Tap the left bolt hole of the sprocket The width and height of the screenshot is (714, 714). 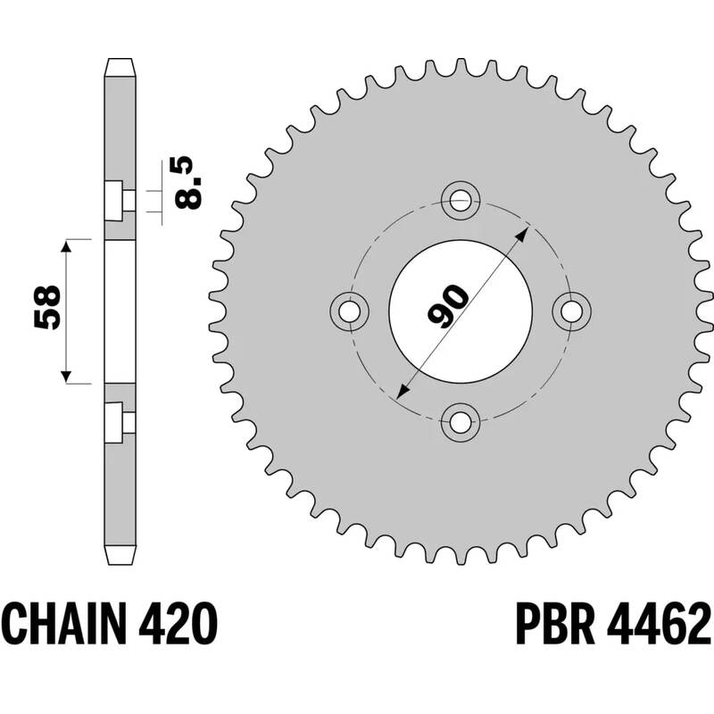[350, 310]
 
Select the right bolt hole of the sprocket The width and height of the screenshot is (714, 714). [572, 310]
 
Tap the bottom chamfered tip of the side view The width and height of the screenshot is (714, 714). [120, 555]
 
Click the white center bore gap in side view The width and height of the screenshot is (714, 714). [120, 311]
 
